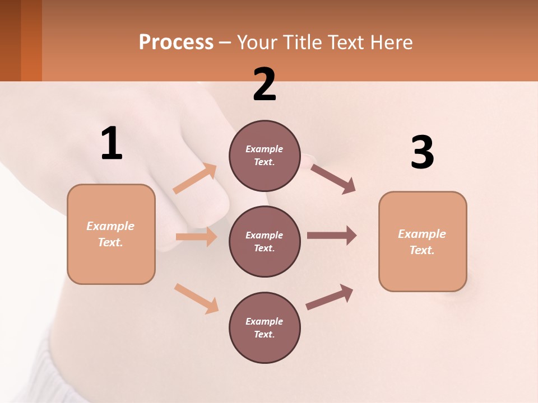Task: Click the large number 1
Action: (x=112, y=144)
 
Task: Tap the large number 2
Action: (x=265, y=85)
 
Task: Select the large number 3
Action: (x=422, y=152)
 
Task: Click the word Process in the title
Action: (x=176, y=42)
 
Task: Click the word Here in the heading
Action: (x=391, y=42)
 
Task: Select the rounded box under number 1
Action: (x=111, y=234)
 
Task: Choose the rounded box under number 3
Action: (x=423, y=242)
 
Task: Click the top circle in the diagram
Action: (x=265, y=156)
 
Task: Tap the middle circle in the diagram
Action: (x=265, y=242)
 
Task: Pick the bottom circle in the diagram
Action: (x=265, y=328)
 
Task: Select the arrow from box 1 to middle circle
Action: (x=196, y=237)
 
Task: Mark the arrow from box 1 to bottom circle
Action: (x=196, y=298)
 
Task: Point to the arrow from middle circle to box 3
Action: (x=332, y=236)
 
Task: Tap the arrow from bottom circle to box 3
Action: (x=330, y=297)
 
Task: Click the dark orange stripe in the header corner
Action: (x=31, y=40)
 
